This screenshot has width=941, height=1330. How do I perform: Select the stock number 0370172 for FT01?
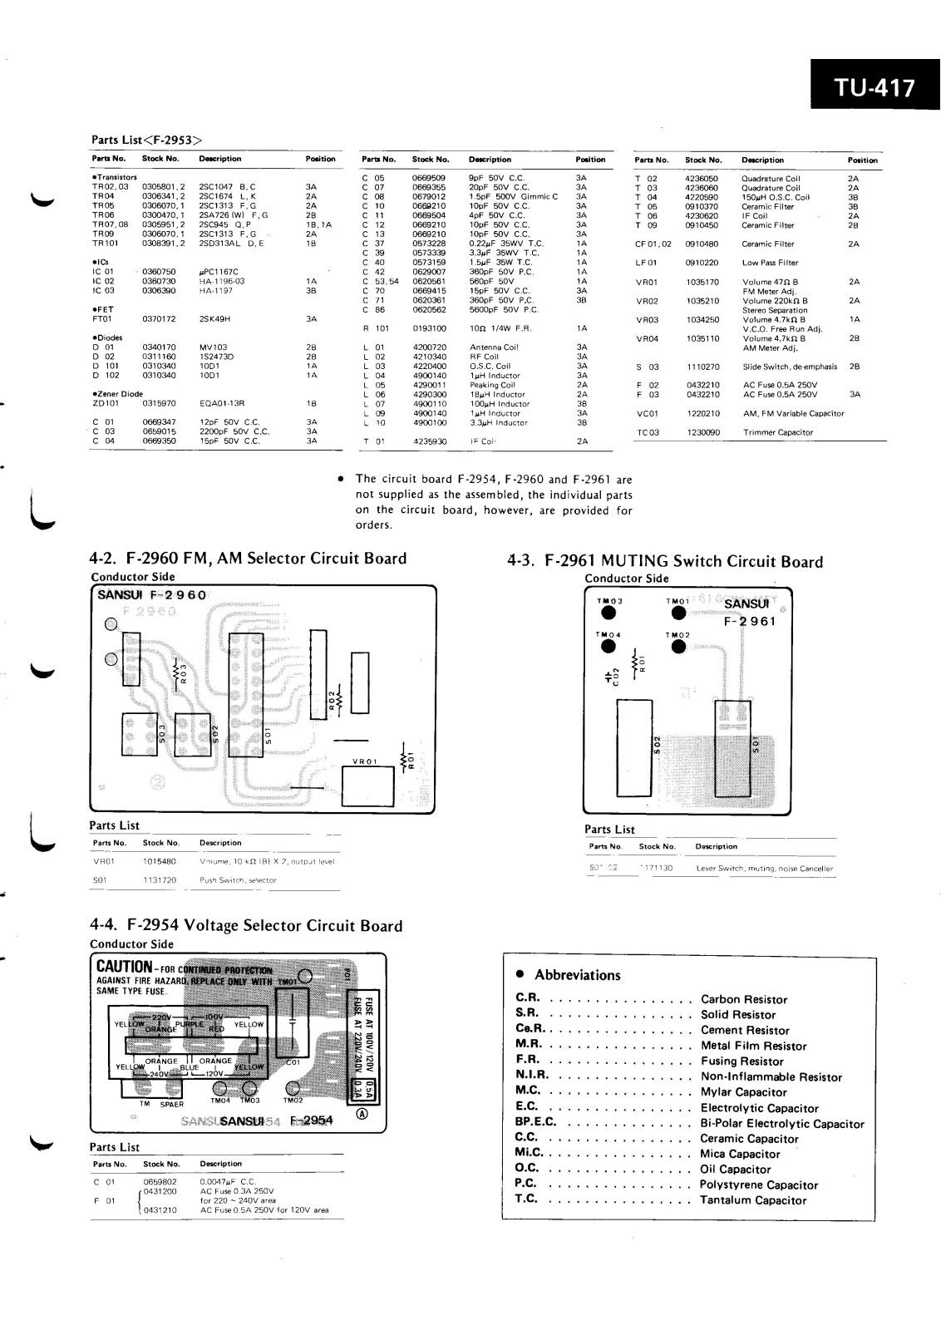click(159, 318)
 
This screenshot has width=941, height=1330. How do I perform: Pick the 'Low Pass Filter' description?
click(769, 263)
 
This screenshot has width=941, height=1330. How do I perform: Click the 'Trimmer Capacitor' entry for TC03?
click(778, 432)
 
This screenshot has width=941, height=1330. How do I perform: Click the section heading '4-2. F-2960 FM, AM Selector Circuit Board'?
click(248, 559)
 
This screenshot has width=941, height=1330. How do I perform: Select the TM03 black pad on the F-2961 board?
click(609, 613)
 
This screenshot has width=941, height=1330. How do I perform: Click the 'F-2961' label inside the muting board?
click(750, 621)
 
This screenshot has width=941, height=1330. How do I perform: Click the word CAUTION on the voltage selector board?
click(125, 968)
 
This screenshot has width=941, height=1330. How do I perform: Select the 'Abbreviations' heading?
click(577, 975)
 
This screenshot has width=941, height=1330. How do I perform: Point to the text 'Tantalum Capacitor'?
click(753, 1200)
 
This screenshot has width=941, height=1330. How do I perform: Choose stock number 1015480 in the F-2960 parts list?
click(160, 862)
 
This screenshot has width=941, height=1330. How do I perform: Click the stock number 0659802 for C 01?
click(160, 1181)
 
